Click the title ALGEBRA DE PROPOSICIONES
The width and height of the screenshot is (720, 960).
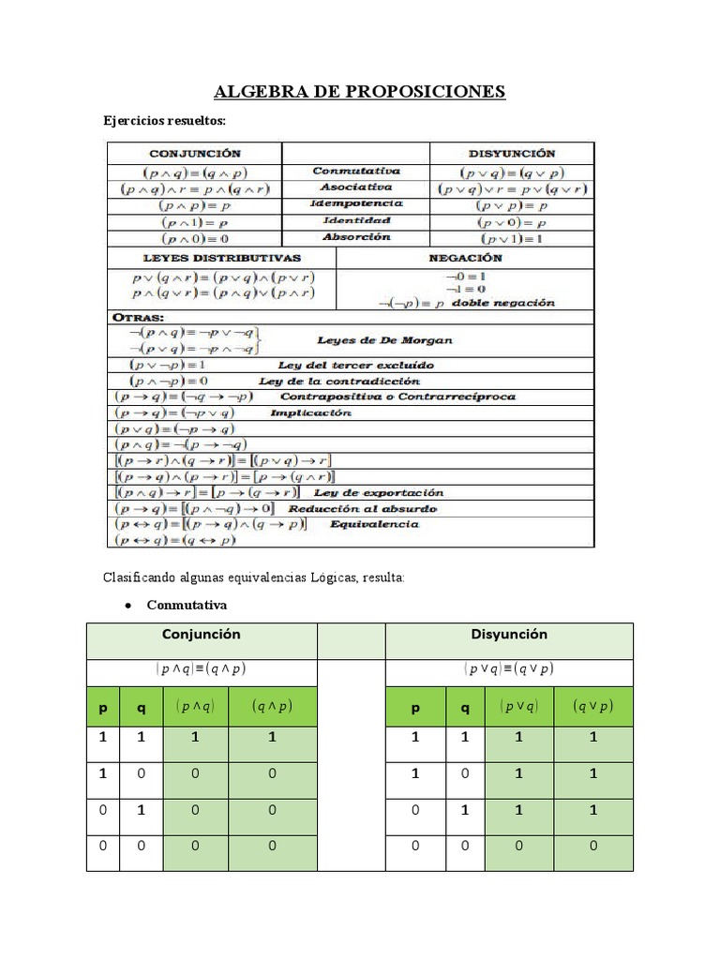tap(360, 91)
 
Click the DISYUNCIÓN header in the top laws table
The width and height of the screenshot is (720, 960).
tap(512, 153)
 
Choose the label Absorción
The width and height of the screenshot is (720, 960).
tap(356, 237)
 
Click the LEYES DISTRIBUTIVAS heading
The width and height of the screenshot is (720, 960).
tap(221, 258)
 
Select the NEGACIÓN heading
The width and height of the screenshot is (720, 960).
tap(466, 258)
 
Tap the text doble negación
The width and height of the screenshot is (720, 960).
tap(503, 303)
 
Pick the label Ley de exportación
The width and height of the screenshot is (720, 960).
tap(379, 492)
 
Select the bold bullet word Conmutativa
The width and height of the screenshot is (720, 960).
tap(187, 605)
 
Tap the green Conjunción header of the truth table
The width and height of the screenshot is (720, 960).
tap(202, 635)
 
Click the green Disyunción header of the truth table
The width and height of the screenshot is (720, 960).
tap(509, 635)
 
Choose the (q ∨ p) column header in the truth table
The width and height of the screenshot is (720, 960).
tap(593, 708)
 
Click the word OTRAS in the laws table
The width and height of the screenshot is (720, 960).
tap(138, 318)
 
